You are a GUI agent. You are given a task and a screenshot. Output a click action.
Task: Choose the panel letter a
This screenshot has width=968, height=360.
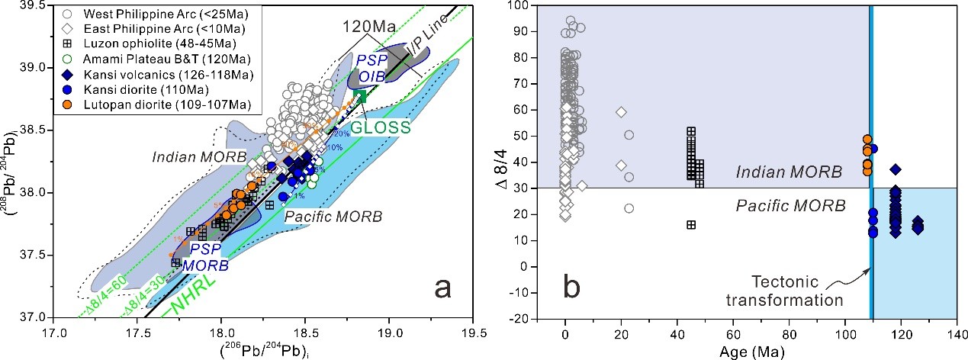click(x=447, y=287)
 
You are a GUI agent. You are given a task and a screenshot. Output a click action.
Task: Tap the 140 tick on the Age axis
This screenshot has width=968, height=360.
click(x=957, y=332)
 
